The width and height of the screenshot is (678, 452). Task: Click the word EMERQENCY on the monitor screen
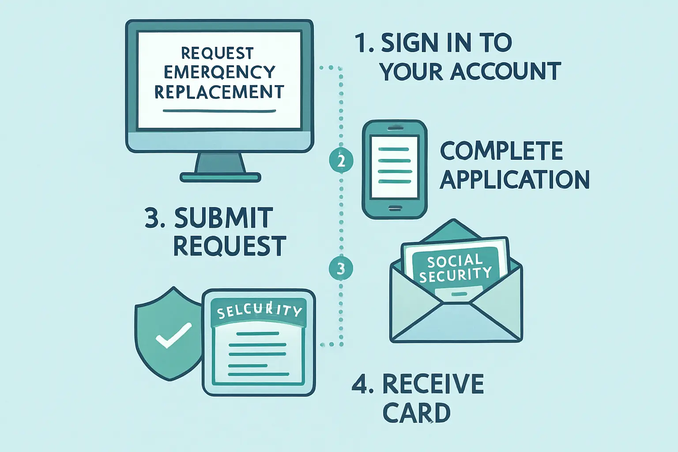click(x=219, y=72)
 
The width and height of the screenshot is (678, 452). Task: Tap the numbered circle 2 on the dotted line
click(x=341, y=161)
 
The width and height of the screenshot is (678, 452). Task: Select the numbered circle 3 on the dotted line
click(x=341, y=268)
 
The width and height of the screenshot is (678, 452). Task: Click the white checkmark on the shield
click(x=173, y=335)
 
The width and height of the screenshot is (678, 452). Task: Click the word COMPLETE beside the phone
click(x=501, y=151)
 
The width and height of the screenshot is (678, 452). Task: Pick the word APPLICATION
click(x=515, y=180)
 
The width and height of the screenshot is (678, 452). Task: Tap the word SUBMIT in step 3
click(x=223, y=218)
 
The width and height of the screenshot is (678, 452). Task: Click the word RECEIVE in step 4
click(x=433, y=384)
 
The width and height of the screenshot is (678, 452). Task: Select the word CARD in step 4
click(x=416, y=413)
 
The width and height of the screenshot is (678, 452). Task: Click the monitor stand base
click(x=220, y=178)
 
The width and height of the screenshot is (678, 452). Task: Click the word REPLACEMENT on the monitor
click(x=219, y=92)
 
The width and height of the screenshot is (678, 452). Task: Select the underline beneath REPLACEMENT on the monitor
click(x=219, y=110)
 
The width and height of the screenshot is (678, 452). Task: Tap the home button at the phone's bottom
click(x=395, y=208)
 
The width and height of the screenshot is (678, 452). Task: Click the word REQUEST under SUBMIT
click(x=229, y=246)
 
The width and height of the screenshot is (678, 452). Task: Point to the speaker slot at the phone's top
click(x=395, y=128)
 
